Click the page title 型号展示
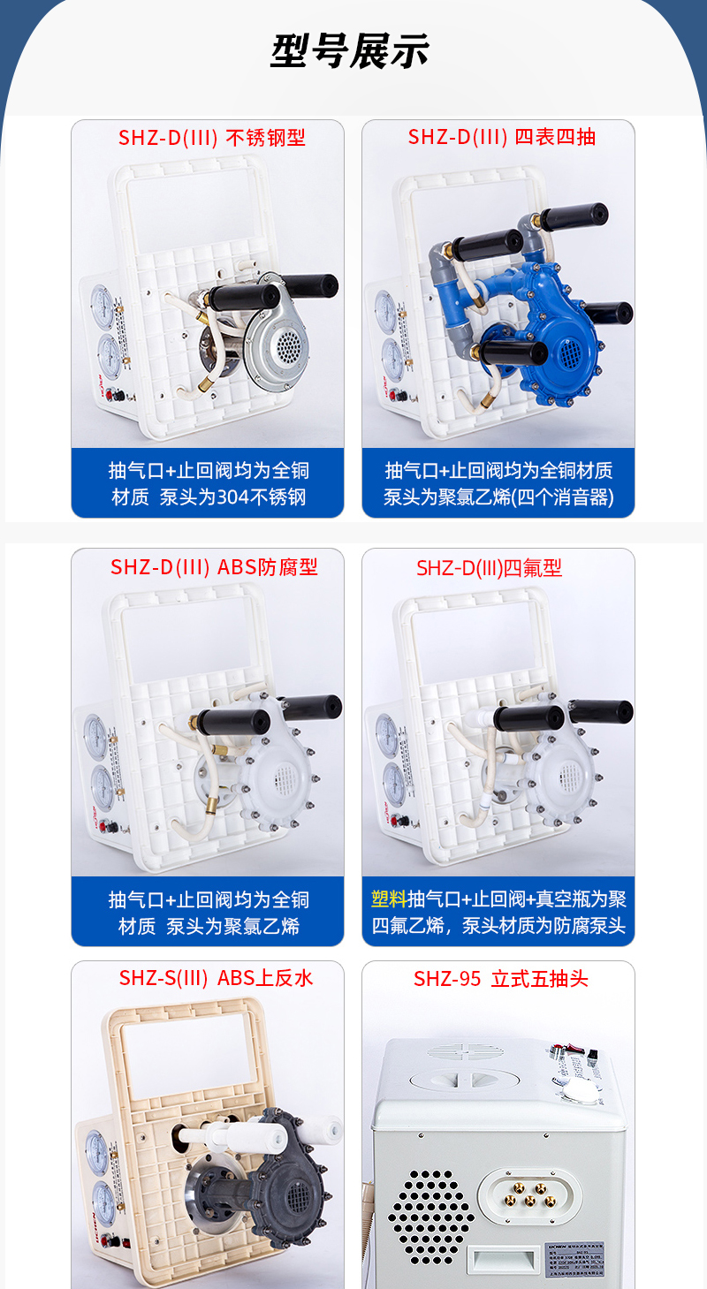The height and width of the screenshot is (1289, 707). pyautogui.click(x=350, y=50)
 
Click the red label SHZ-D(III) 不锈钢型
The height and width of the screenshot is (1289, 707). pyautogui.click(x=212, y=138)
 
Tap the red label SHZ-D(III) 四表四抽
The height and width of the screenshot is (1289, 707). pyautogui.click(x=501, y=137)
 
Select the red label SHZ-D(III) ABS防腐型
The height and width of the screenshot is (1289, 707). pyautogui.click(x=213, y=567)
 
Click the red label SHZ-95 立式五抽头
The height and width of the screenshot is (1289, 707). pyautogui.click(x=500, y=979)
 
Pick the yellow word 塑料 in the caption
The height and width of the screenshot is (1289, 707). pyautogui.click(x=388, y=899)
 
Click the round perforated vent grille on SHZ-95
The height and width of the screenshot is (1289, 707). pyautogui.click(x=430, y=1212)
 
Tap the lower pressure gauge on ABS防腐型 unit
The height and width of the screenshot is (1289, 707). pyautogui.click(x=101, y=783)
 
